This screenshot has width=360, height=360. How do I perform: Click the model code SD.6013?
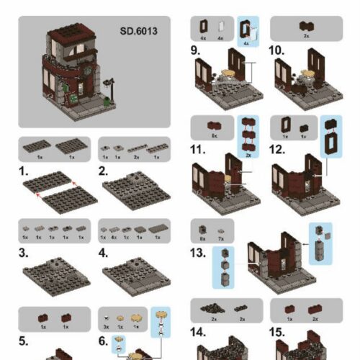pos(138,31)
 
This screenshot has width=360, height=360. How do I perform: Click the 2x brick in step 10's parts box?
pos(307,26)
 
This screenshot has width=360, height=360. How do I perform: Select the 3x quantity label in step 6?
pos(106,327)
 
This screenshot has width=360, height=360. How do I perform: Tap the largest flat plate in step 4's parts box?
pos(158,228)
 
